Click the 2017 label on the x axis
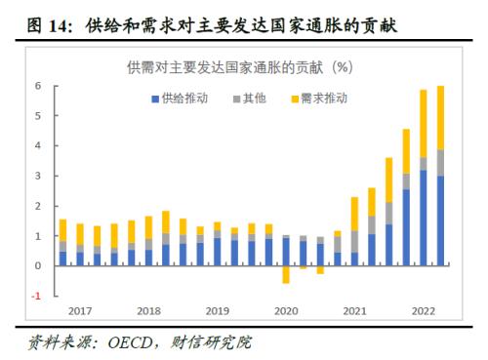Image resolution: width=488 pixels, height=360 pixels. (80, 311)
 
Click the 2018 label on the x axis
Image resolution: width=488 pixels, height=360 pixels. (149, 311)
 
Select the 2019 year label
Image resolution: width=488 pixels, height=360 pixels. (218, 311)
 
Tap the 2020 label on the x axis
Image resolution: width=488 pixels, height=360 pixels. (286, 311)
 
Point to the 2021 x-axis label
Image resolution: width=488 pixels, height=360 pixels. (354, 311)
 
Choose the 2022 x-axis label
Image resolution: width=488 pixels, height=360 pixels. (424, 311)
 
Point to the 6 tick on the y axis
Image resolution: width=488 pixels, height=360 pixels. (38, 86)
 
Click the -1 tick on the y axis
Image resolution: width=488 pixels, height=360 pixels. (36, 296)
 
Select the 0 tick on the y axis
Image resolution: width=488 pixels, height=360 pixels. (38, 265)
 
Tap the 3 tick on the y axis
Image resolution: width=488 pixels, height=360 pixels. (38, 176)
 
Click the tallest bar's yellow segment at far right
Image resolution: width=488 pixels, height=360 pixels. (440, 117)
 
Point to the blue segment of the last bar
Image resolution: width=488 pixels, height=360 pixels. (440, 220)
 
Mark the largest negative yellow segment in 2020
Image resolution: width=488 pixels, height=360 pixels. (286, 274)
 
